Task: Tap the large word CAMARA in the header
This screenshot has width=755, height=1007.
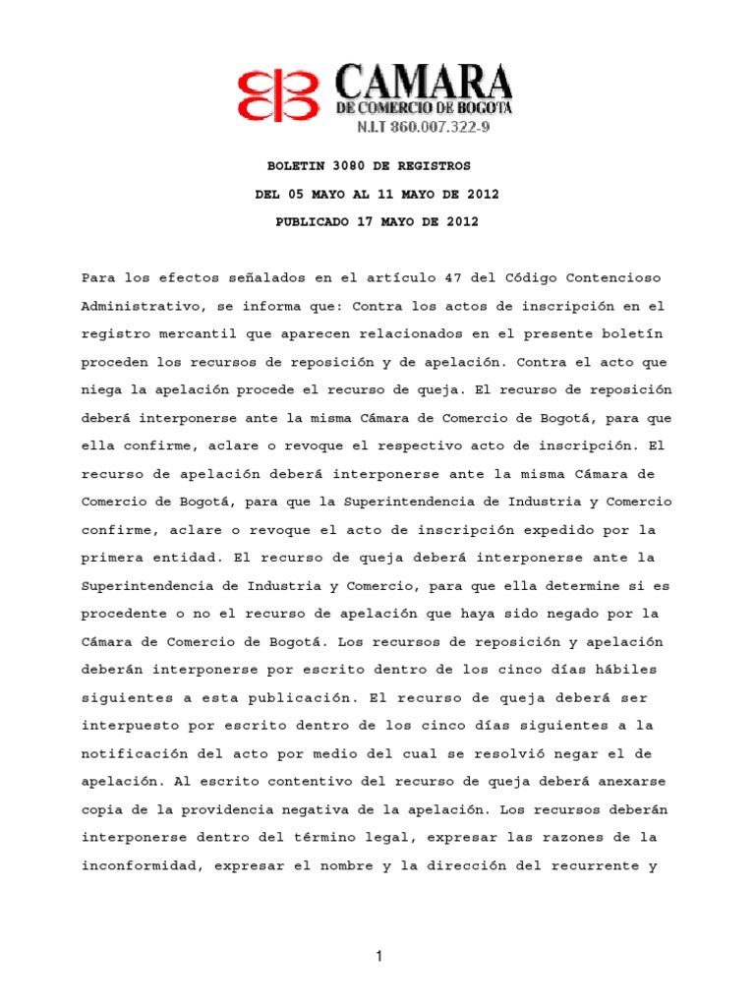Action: click(x=424, y=82)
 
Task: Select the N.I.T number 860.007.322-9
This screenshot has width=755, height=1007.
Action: click(x=443, y=129)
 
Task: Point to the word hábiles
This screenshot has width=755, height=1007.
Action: click(x=624, y=670)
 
